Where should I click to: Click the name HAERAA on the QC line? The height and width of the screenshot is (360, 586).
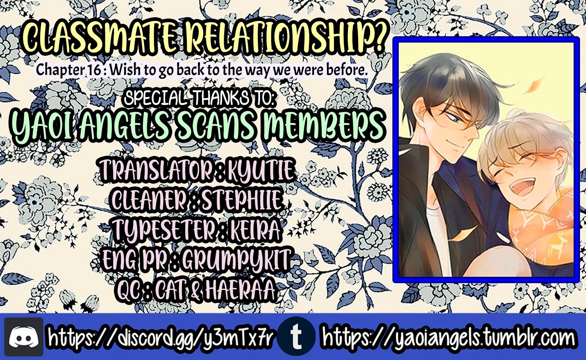tap(239, 289)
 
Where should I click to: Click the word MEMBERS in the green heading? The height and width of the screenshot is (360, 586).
tap(323, 128)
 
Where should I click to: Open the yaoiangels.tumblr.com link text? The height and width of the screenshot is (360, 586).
tap(448, 337)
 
